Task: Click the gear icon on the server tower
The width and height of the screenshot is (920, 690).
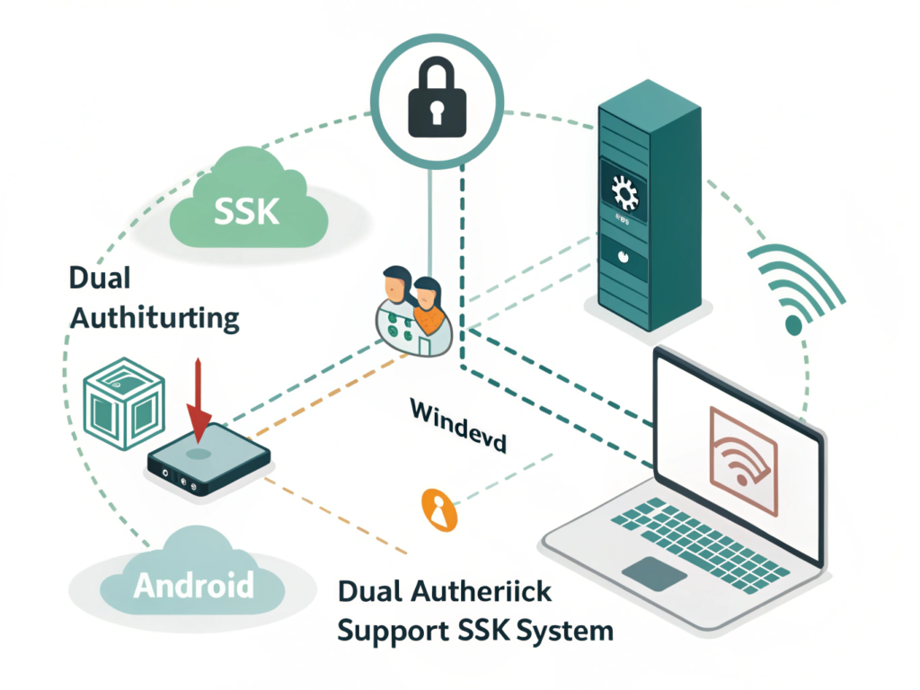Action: pos(622,191)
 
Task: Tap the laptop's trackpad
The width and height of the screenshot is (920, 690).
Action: pos(653,572)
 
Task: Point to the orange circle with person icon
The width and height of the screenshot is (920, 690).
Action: pos(439,511)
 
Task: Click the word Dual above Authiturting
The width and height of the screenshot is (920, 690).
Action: pos(100,278)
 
